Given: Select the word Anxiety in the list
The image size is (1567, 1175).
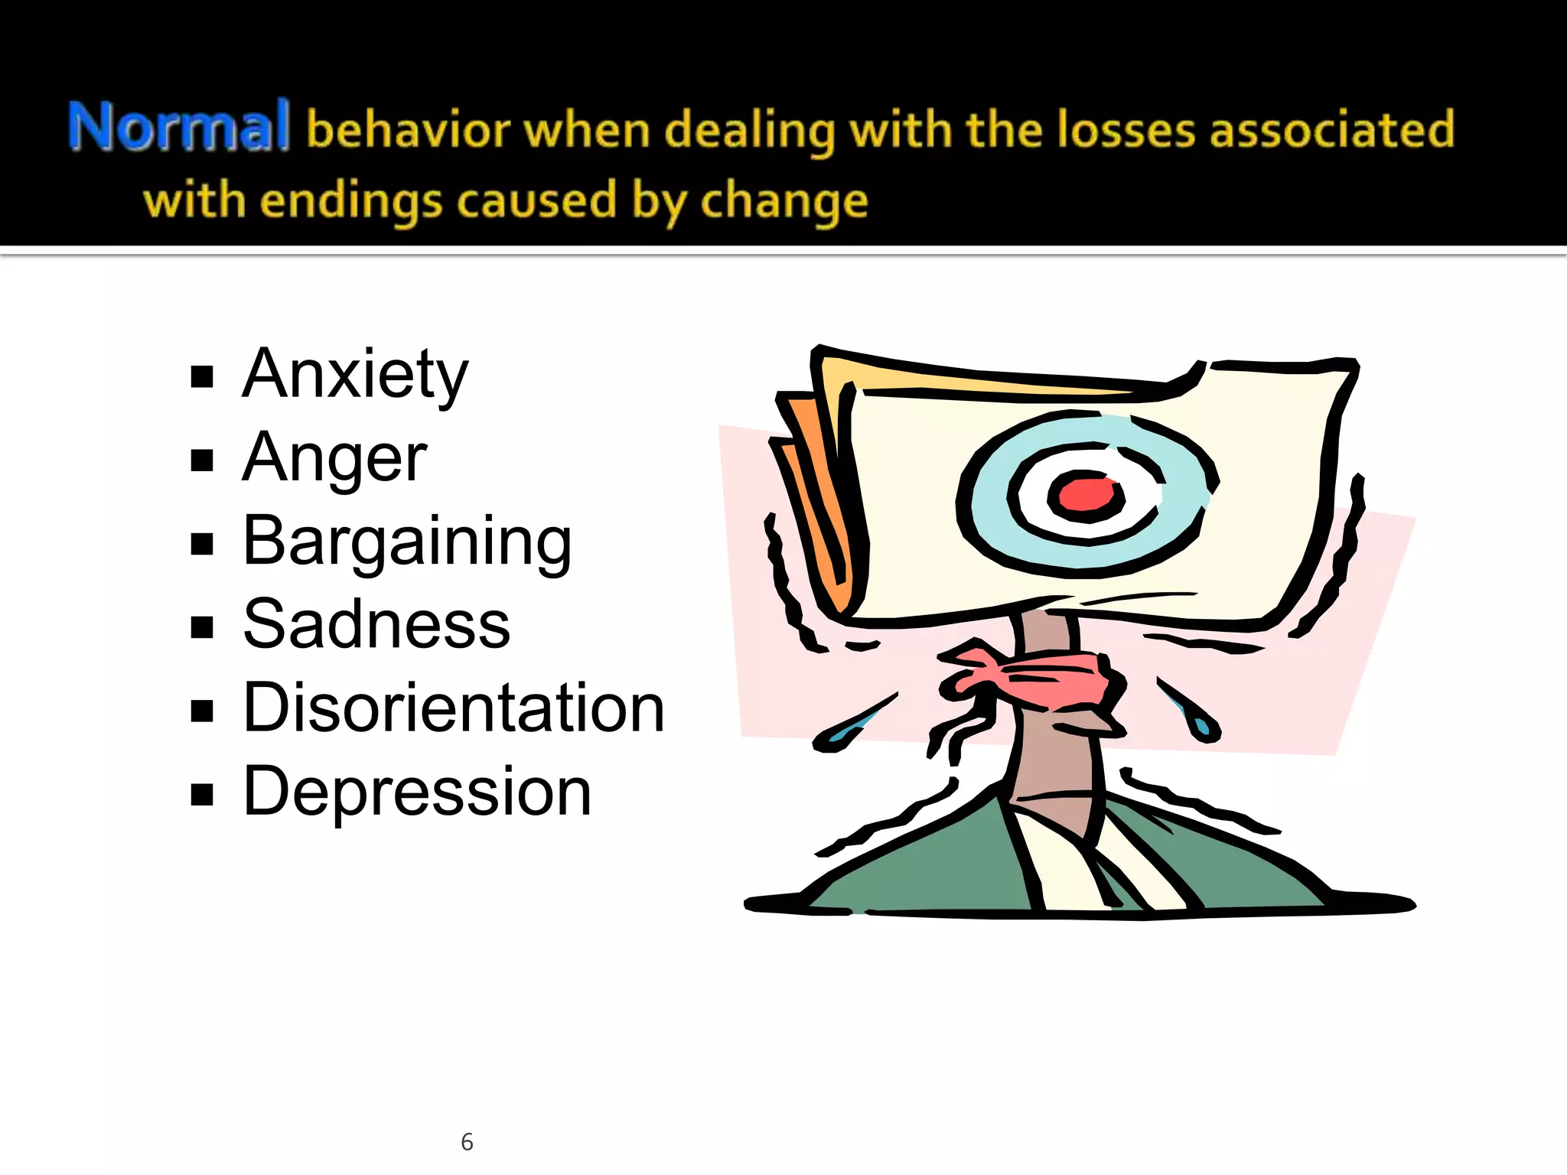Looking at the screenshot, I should point(355,375).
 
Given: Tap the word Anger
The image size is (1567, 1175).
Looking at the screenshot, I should point(334,458).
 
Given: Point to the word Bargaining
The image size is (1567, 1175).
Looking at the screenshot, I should point(407,542).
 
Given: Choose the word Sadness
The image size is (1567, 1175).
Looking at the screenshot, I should point(376,625).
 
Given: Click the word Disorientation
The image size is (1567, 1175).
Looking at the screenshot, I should point(454,708).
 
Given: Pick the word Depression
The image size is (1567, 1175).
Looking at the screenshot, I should point(417,792).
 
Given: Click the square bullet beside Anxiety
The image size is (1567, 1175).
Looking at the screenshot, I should point(202,377).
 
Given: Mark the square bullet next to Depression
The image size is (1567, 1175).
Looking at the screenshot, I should point(202,795).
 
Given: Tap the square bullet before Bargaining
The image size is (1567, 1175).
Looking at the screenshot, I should point(202,544).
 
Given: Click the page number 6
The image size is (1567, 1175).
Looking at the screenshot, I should point(467,1142).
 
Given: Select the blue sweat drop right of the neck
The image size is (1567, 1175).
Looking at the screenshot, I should point(1200,723).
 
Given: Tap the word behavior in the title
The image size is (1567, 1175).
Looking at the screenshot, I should point(408,129).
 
